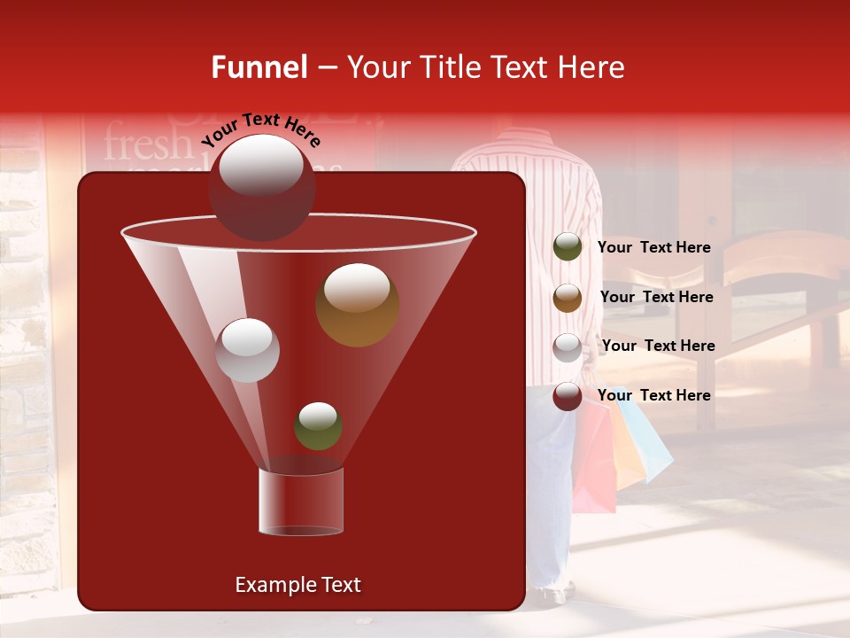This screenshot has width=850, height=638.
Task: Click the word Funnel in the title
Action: (x=259, y=67)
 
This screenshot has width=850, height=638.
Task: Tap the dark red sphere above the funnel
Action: (x=262, y=187)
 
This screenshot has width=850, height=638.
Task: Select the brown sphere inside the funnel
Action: (x=357, y=305)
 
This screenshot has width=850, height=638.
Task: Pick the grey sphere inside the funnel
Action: (x=247, y=350)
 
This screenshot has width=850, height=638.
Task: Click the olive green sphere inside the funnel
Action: (x=318, y=426)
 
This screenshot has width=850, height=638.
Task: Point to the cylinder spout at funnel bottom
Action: (x=300, y=502)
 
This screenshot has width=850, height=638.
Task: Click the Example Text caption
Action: (x=297, y=585)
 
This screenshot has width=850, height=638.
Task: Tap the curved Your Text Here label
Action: (x=260, y=129)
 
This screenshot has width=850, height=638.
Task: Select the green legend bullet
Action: (x=568, y=246)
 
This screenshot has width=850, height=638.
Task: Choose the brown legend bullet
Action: (x=568, y=297)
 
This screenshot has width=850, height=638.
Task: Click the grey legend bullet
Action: (x=568, y=346)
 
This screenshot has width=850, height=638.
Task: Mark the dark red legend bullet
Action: (x=568, y=395)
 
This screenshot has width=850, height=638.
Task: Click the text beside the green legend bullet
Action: (x=653, y=247)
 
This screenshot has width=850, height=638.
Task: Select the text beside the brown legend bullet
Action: (x=656, y=297)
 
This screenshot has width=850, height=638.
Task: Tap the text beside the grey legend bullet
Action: (x=658, y=346)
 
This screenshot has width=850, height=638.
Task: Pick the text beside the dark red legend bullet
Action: (x=653, y=395)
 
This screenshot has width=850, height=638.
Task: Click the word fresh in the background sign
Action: (x=147, y=143)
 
